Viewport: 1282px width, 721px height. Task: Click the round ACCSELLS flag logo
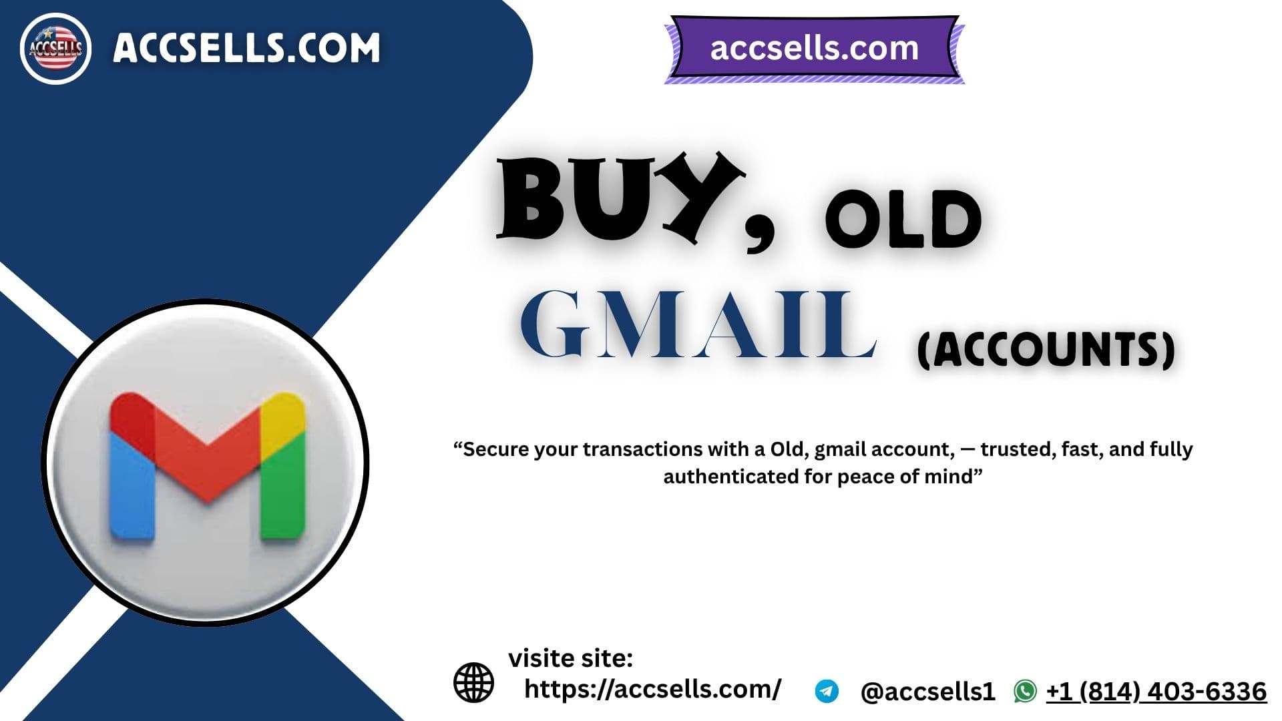pos(55,49)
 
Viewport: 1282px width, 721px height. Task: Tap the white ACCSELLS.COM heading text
pos(246,48)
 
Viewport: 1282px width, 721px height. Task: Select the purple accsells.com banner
pos(814,49)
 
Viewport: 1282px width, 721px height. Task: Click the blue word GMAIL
pos(698,325)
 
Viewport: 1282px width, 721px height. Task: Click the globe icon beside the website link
pos(473,682)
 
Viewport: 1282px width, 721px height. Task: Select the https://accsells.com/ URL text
pos(652,689)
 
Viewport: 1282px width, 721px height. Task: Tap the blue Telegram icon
pos(827,692)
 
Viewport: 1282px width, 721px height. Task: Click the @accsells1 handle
pos(927,692)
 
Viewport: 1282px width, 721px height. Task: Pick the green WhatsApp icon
pos(1025,692)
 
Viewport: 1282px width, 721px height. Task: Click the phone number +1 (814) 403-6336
pos(1156,692)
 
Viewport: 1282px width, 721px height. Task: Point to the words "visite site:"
pos(571,659)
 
